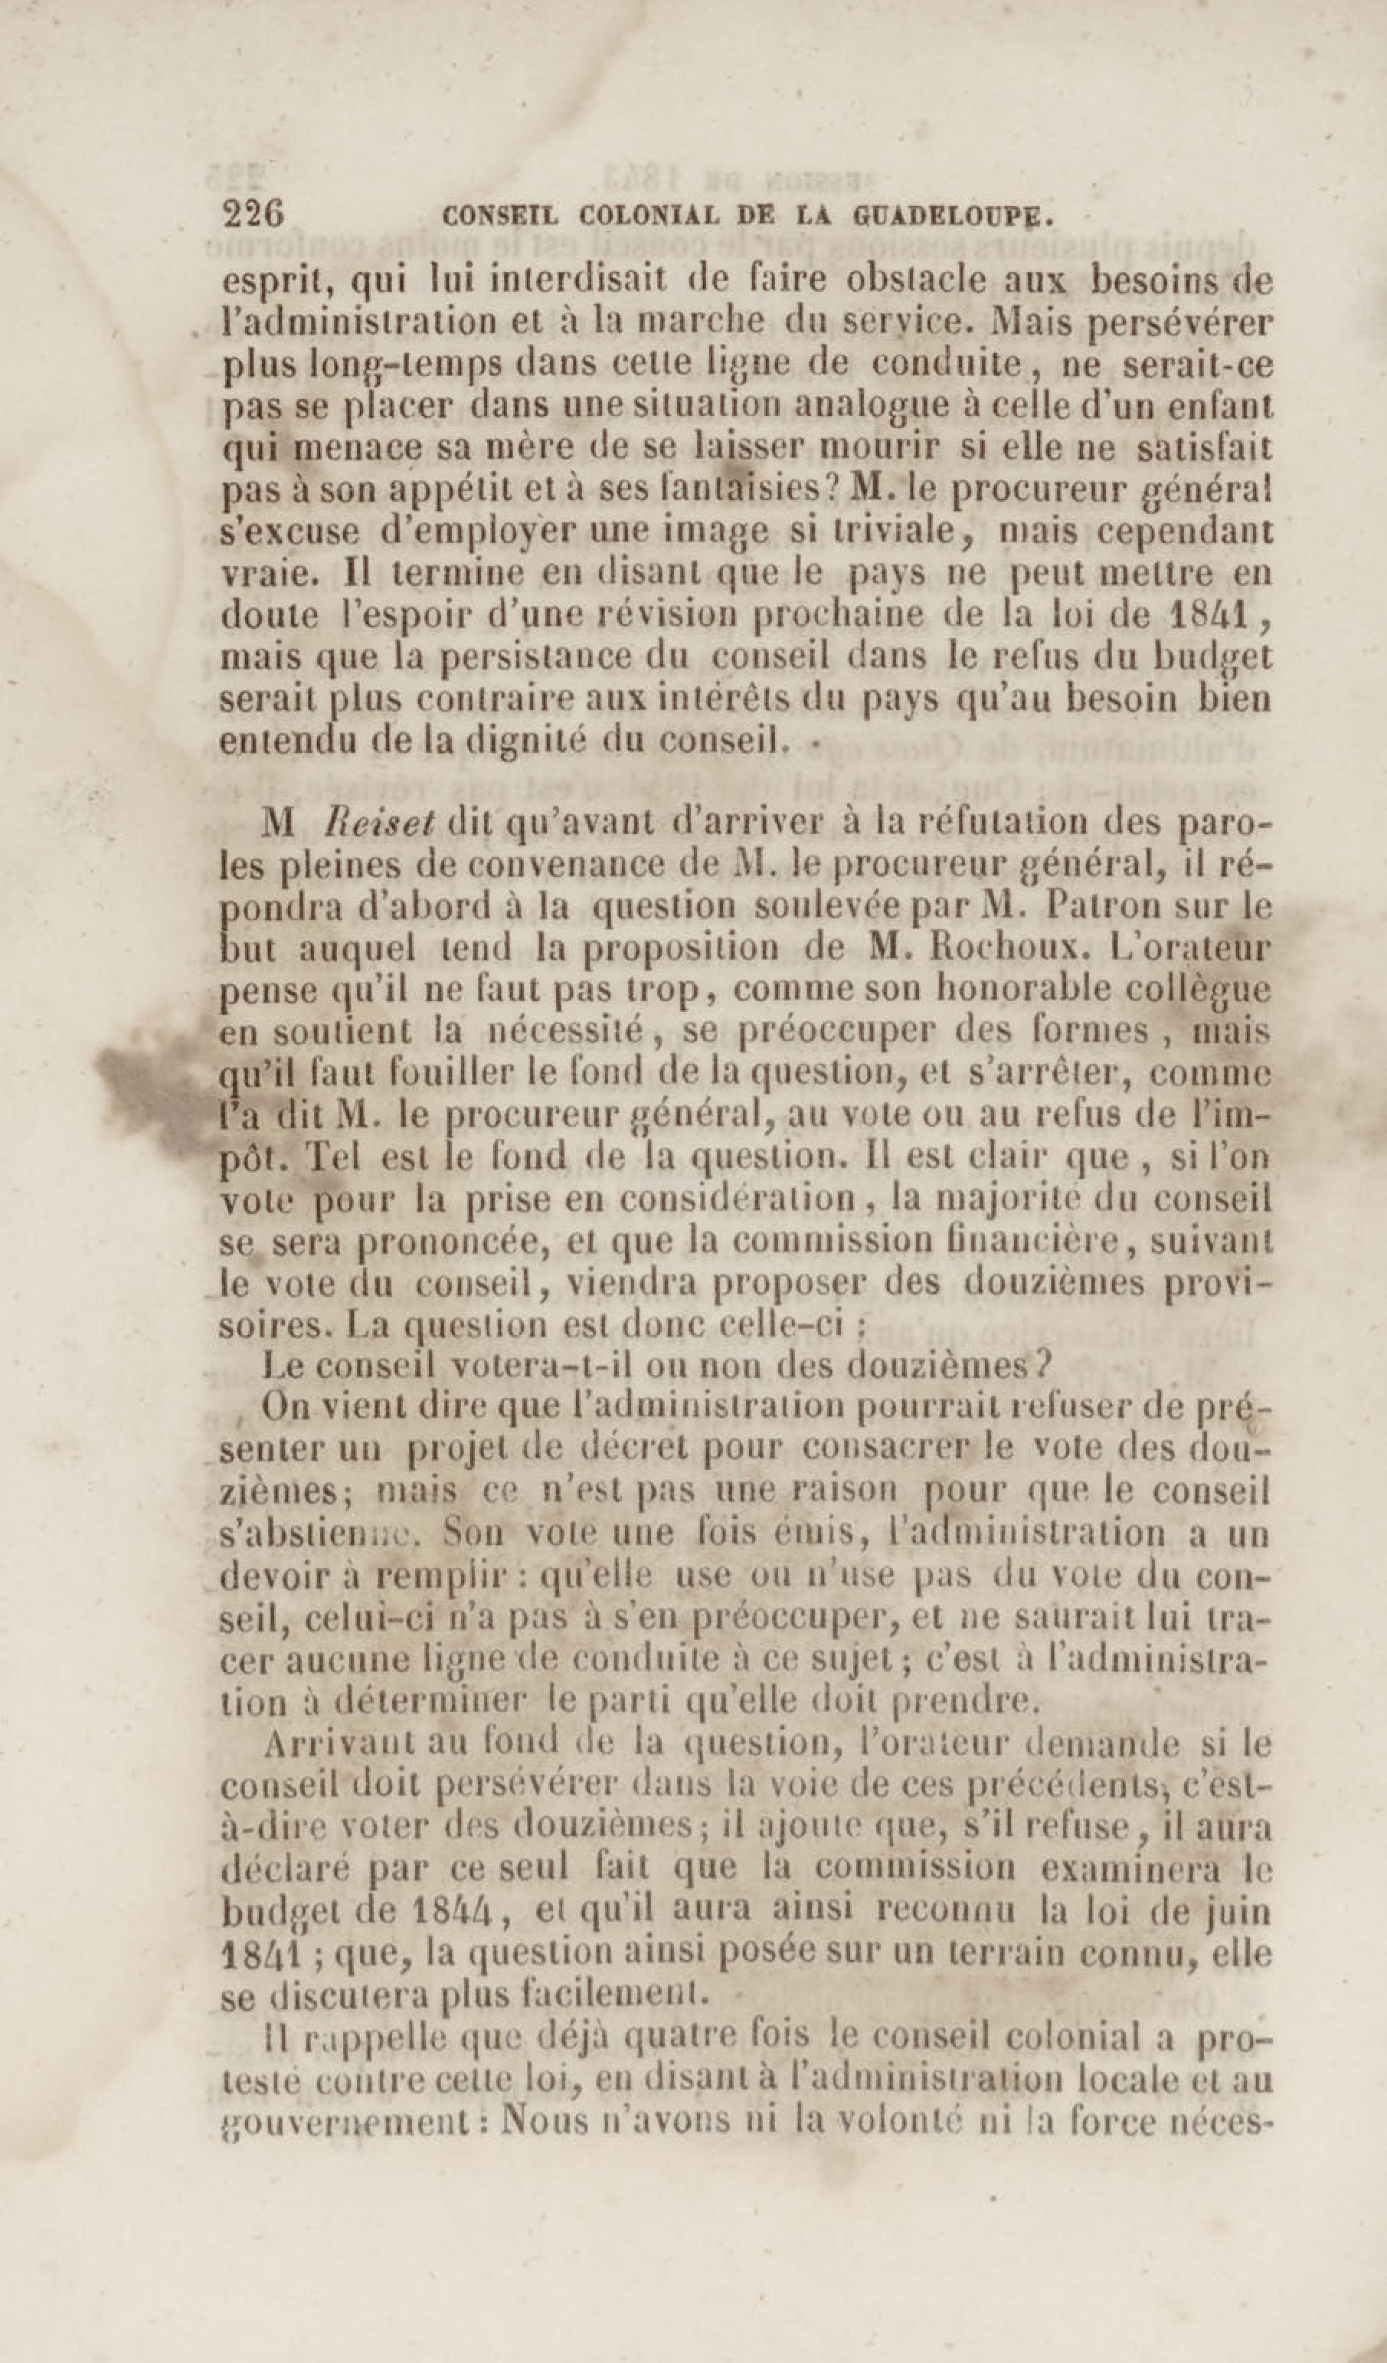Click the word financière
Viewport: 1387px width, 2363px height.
point(1023,1242)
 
